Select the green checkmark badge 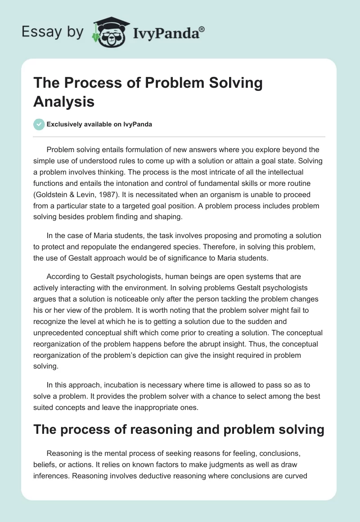tap(39, 124)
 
